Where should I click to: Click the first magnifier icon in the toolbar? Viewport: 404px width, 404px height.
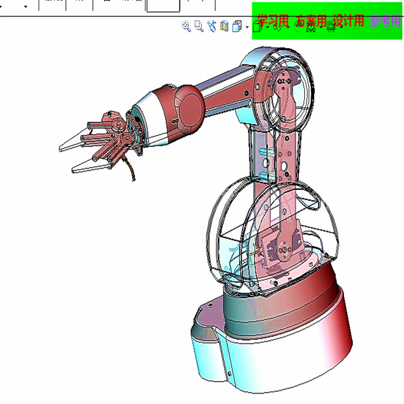click(x=186, y=26)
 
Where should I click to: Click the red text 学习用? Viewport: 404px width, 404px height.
click(x=273, y=21)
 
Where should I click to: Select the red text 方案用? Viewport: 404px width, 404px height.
click(x=312, y=21)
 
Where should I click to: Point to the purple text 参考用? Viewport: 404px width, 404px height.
click(x=385, y=21)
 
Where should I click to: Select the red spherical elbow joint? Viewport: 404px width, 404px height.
click(x=188, y=106)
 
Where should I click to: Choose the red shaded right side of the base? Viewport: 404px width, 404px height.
click(x=341, y=335)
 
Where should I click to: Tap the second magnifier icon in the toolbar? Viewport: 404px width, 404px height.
click(x=199, y=26)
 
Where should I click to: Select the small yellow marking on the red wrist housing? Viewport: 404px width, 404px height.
click(x=173, y=121)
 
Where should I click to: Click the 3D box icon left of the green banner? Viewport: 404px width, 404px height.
click(x=237, y=27)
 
